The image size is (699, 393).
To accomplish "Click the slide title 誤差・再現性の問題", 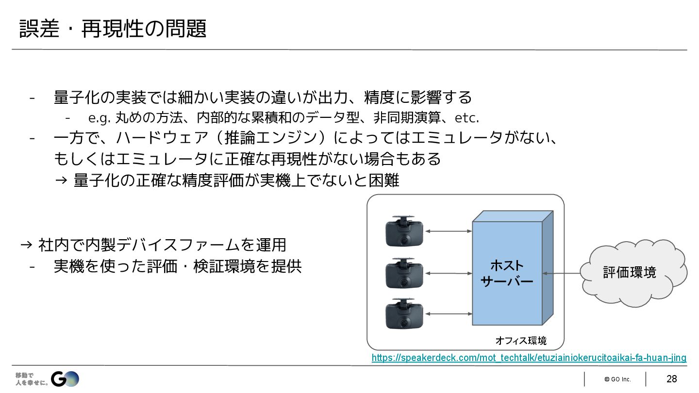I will [113, 29].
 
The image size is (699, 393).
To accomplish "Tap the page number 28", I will [671, 379].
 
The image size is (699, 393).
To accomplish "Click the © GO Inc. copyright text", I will [617, 379].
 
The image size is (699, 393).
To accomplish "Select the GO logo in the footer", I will [65, 379].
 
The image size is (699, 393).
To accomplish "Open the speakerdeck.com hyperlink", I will [529, 358].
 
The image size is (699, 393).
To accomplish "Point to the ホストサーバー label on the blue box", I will [507, 273].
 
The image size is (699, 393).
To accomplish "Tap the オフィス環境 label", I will [521, 341].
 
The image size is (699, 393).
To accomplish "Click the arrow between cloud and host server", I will [562, 274].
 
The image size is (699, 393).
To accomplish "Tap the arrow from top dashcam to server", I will [448, 231].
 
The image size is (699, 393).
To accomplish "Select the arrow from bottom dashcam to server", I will [448, 314].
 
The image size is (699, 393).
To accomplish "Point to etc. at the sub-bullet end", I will [466, 118].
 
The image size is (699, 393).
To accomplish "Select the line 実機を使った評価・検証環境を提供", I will [178, 266].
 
